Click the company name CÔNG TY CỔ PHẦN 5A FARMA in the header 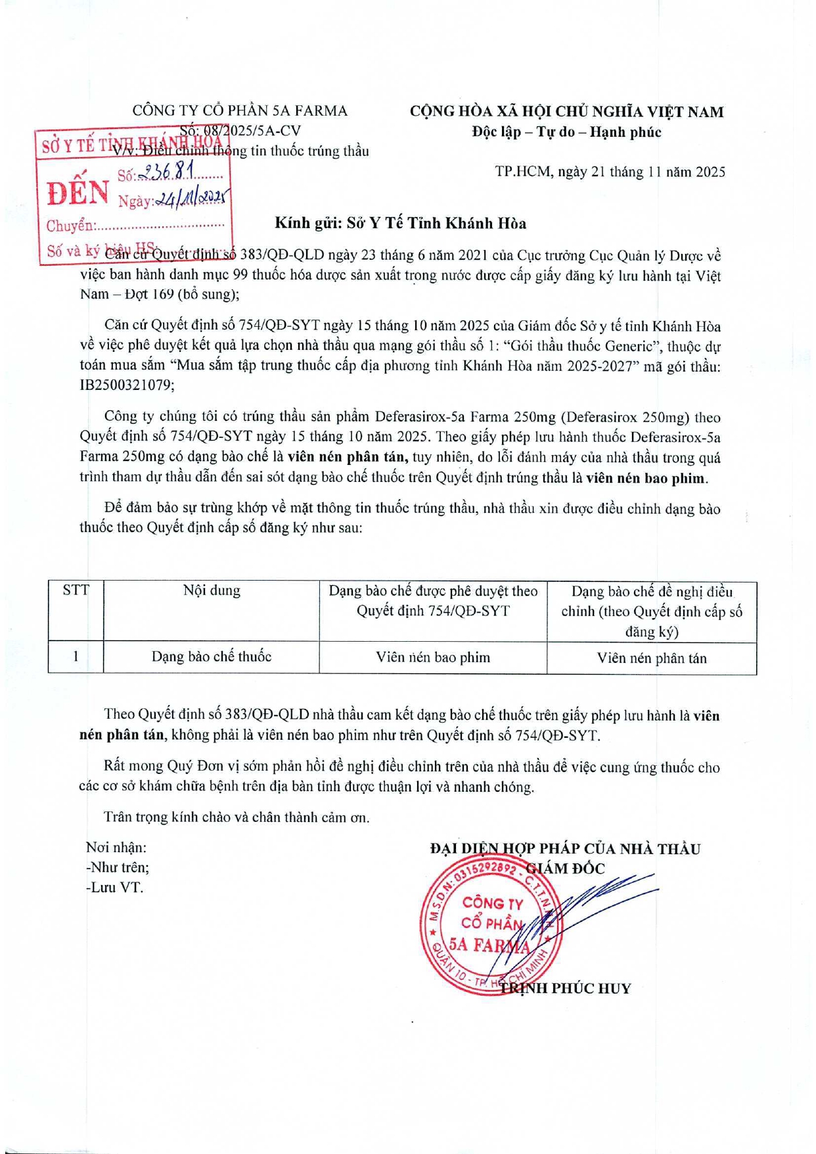tap(240, 110)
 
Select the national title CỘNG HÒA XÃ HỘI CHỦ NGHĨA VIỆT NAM tap(566, 112)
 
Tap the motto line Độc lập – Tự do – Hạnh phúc tap(566, 132)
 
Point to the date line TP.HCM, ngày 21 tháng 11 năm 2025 tap(610, 172)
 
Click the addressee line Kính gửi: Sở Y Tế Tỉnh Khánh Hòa tap(400, 224)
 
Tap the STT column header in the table tap(76, 590)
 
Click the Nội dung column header tap(212, 590)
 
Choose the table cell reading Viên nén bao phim tap(433, 658)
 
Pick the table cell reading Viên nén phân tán tap(651, 658)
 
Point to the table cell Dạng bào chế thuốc tap(212, 657)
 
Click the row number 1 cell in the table tap(76, 656)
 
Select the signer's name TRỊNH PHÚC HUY tap(566, 988)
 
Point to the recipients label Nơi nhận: tap(116, 848)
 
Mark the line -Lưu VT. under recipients tap(114, 888)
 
